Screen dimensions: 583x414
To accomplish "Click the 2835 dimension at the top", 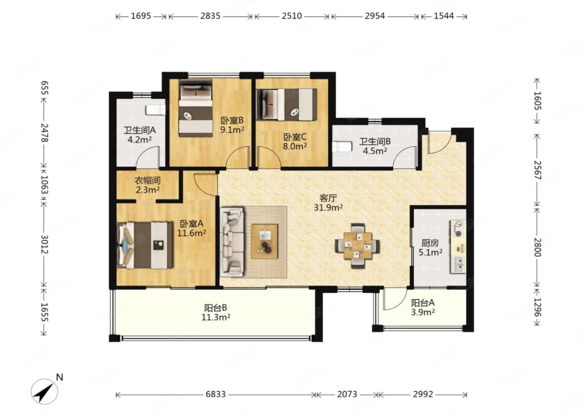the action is pos(210,16).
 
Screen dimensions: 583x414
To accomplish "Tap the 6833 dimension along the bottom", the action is pos(215,395).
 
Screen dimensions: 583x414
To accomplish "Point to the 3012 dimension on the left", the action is pos(45,245).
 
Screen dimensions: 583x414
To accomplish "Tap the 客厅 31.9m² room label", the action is pos(328,203).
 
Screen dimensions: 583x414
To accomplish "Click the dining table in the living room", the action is pos(357,245).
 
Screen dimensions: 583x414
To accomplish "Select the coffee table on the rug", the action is pos(264,241).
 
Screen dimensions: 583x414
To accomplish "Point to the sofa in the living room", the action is pos(232,242).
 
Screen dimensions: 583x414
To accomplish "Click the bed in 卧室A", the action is pos(145,245).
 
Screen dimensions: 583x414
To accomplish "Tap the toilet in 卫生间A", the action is pos(155,110).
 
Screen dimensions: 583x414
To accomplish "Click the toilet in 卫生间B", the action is pos(342,147).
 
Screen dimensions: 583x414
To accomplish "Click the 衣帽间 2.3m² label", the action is pos(147,185).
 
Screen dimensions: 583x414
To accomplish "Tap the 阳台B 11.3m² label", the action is pos(216,313).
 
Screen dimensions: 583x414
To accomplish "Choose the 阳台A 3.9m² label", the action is pos(423,307).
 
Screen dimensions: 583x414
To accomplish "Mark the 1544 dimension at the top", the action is pos(444,16).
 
